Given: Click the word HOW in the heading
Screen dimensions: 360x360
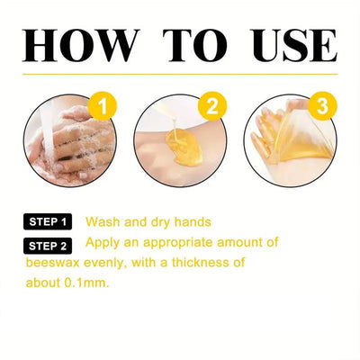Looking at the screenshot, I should [x=80, y=44].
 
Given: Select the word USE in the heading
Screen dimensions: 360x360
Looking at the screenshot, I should [x=288, y=44].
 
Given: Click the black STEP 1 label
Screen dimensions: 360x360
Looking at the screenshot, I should [x=48, y=221].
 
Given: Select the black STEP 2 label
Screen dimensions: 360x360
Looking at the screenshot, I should [x=48, y=244].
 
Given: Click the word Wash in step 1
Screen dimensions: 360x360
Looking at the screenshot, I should [x=103, y=221].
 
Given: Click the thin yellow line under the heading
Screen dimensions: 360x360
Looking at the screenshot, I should [x=180, y=74].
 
